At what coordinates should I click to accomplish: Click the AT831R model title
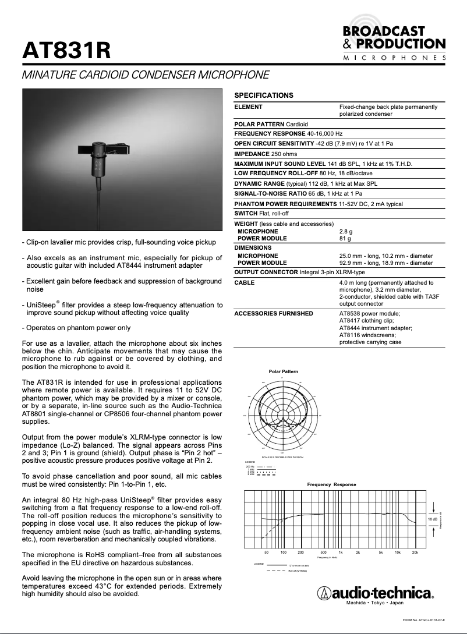[x=66, y=51]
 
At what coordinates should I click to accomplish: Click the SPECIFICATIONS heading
[x=263, y=95]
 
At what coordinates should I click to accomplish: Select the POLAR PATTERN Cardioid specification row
[x=271, y=124]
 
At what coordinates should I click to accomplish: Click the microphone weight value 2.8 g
[x=346, y=231]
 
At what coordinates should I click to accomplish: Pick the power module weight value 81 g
[x=345, y=238]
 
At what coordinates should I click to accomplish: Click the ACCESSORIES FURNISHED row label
[x=273, y=313]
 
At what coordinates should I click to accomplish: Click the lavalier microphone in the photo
[x=97, y=157]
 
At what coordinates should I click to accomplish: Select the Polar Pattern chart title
[x=283, y=371]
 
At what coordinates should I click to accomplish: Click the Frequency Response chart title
[x=331, y=484]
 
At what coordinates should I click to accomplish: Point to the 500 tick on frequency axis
[x=323, y=552]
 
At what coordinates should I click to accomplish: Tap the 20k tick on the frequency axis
[x=415, y=552]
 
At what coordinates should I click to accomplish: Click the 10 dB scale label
[x=433, y=518]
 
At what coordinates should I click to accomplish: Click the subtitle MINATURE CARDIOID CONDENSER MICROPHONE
[x=145, y=75]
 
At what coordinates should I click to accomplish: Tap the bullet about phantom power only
[x=76, y=328]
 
